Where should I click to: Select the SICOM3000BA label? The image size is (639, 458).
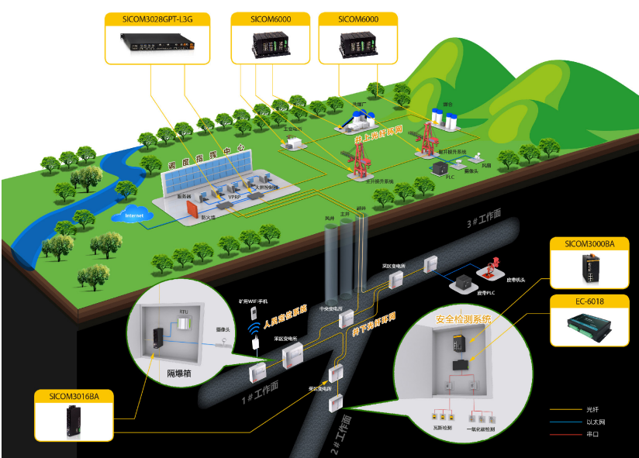click(x=589, y=243)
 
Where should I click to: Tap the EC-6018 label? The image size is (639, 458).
click(x=589, y=301)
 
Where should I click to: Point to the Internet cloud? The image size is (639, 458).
click(x=135, y=215)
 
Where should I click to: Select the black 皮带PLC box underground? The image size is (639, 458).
click(x=465, y=284)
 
